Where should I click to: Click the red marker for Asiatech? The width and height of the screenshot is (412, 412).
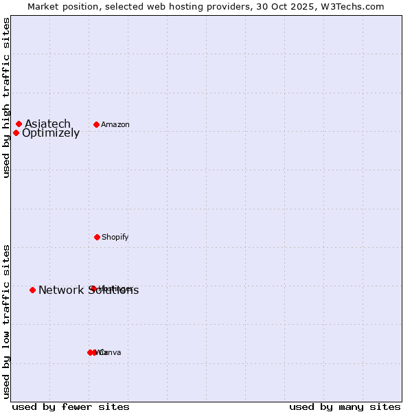click(x=19, y=124)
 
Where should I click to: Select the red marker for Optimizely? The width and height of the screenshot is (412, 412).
click(x=16, y=133)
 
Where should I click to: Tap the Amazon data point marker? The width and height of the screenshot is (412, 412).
click(x=96, y=124)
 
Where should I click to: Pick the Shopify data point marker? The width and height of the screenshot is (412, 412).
click(x=97, y=237)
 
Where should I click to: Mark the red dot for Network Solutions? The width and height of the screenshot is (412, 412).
click(x=32, y=290)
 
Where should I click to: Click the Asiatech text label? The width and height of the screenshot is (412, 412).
click(x=47, y=124)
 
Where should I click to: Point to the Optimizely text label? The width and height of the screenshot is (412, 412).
click(x=51, y=133)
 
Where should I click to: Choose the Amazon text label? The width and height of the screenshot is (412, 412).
click(x=115, y=124)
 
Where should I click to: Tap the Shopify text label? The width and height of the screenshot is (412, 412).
click(x=115, y=237)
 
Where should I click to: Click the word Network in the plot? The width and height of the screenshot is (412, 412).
click(x=60, y=290)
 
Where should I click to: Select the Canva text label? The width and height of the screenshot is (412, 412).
click(x=110, y=352)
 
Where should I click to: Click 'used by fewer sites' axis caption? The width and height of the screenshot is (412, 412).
click(x=71, y=407)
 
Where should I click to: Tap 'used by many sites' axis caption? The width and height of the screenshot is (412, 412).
click(x=345, y=407)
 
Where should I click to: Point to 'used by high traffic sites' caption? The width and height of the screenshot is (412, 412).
click(x=6, y=98)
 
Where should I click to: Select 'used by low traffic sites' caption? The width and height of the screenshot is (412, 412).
click(x=6, y=321)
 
